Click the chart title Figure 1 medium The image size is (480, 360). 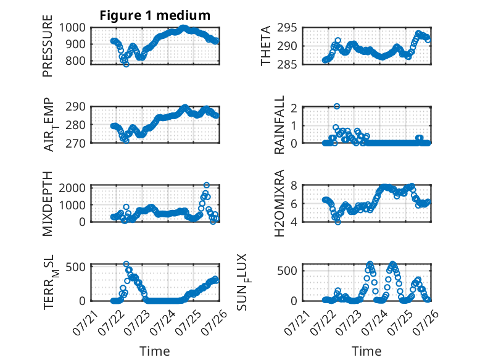click(x=155, y=15)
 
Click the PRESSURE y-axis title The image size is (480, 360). click(x=48, y=46)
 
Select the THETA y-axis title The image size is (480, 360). click(x=266, y=46)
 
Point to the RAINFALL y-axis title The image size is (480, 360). click(x=279, y=125)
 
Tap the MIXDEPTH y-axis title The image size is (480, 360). click(x=48, y=204)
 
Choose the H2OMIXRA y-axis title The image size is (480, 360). click(x=279, y=203)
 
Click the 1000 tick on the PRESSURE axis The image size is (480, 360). click(x=72, y=28)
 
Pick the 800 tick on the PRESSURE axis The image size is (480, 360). click(x=75, y=61)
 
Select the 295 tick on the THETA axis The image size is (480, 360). click(x=287, y=28)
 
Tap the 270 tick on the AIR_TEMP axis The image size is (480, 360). click(x=75, y=143)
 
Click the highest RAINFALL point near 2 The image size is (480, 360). click(x=337, y=106)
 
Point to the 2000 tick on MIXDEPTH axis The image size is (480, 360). click(x=72, y=188)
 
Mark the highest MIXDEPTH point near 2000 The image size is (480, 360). click(x=207, y=185)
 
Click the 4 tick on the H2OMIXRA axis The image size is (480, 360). click(x=294, y=222)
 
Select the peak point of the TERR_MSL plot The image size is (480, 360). click(x=126, y=264)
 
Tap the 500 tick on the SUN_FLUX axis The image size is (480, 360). click(x=287, y=271)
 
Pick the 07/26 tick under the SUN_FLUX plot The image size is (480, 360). click(x=426, y=322)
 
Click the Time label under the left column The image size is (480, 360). click(x=155, y=351)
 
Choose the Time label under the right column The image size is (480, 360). click(x=366, y=351)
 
